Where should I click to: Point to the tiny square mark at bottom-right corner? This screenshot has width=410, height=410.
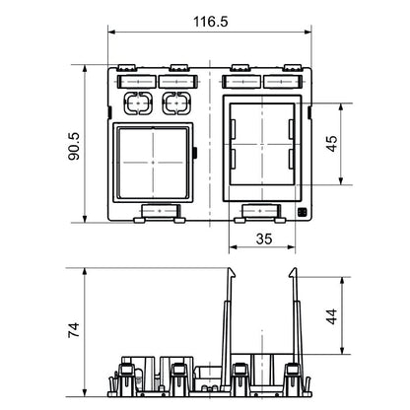[x=302, y=212]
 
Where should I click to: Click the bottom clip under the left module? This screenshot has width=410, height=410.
[x=159, y=210]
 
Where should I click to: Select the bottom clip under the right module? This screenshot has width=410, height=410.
[x=258, y=210]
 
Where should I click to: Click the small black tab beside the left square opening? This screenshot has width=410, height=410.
[x=197, y=153]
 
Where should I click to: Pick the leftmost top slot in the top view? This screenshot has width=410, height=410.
[x=133, y=77]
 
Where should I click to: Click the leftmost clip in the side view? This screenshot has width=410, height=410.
[x=125, y=375]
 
